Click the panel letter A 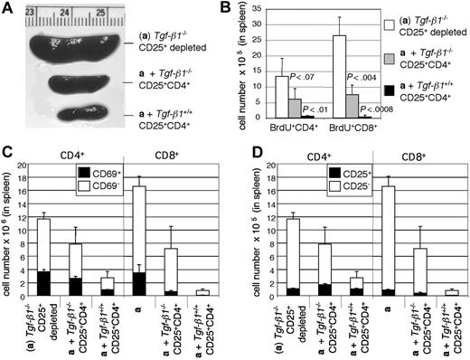click(8, 9)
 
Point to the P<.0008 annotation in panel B click(370, 109)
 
